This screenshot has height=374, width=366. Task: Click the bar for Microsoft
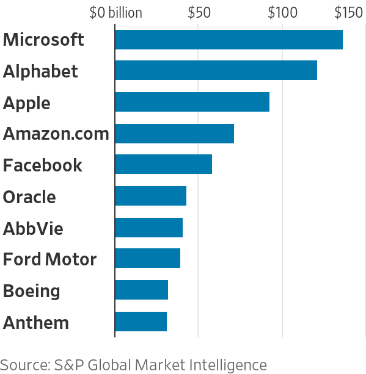coord(229,40)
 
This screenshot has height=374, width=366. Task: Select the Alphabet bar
coord(216,70)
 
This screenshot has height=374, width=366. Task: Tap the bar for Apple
coord(192,102)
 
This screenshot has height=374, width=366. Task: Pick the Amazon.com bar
coord(175,134)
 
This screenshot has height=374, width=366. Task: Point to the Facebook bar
coord(164,164)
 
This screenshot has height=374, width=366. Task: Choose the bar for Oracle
coord(151,196)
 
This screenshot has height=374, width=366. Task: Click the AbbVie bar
coord(149,228)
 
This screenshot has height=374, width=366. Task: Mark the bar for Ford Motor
coord(148,258)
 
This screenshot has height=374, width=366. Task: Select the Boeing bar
coord(142,290)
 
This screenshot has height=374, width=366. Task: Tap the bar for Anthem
coord(141,322)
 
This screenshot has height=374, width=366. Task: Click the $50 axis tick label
coord(199,13)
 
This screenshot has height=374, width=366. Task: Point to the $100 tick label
coord(283,13)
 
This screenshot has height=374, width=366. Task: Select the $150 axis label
coord(349,13)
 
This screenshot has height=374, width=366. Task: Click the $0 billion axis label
coord(116,13)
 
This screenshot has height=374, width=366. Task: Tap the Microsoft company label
coord(43,40)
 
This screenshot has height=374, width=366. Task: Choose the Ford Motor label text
coord(49,259)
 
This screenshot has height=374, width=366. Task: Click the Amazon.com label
coord(56,134)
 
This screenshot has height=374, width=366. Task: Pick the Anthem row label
coord(36,323)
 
